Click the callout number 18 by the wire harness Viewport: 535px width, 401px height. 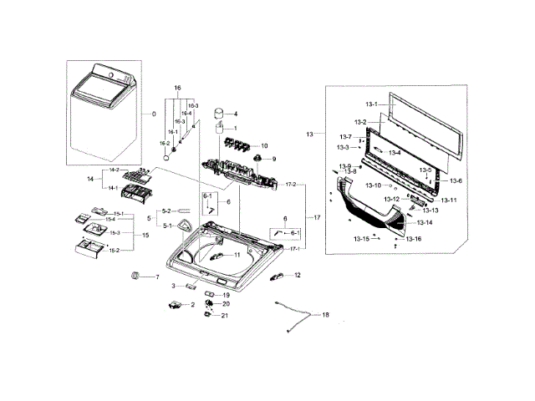pyautogui.click(x=326, y=315)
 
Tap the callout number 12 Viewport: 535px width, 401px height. pyautogui.click(x=297, y=275)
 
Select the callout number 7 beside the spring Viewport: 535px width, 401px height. pyautogui.click(x=155, y=277)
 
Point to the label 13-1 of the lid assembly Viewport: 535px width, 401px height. pyautogui.click(x=371, y=104)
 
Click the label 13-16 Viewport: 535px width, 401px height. pyautogui.click(x=413, y=240)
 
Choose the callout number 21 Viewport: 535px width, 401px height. pyautogui.click(x=225, y=315)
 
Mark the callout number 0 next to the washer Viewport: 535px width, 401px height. pyautogui.click(x=153, y=114)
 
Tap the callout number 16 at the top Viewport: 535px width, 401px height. pyautogui.click(x=177, y=88)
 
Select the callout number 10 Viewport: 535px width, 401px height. pyautogui.click(x=265, y=145)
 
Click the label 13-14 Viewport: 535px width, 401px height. pyautogui.click(x=425, y=223)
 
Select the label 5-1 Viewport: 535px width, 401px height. pyautogui.click(x=167, y=226)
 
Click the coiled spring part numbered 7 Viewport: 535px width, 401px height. pyautogui.click(x=135, y=276)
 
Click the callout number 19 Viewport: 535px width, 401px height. pyautogui.click(x=226, y=295)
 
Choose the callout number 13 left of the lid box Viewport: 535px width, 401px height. pyautogui.click(x=310, y=134)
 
